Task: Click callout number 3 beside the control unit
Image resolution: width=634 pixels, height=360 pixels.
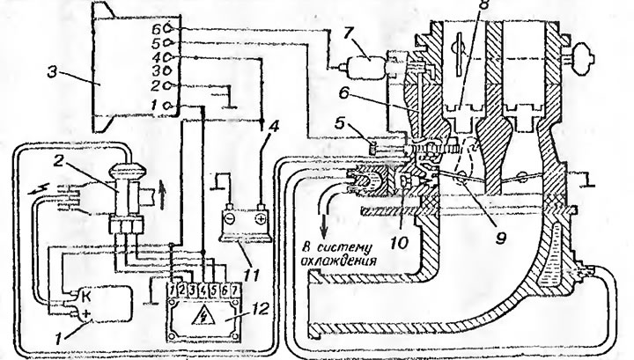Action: coord(52,73)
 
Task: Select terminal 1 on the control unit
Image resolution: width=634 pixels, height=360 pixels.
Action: coord(168,106)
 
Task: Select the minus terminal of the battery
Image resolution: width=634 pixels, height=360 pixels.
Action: coord(229,218)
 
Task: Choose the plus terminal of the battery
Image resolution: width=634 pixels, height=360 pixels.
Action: coord(261,218)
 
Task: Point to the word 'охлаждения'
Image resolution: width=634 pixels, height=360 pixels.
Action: coord(339,261)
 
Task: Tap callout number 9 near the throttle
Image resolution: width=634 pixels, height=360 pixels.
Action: coord(500,238)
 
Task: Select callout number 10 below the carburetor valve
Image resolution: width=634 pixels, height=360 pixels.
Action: coord(398,243)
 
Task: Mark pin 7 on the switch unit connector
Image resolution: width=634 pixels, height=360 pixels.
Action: coord(233,290)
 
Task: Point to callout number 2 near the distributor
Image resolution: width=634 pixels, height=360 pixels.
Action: coord(59,161)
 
